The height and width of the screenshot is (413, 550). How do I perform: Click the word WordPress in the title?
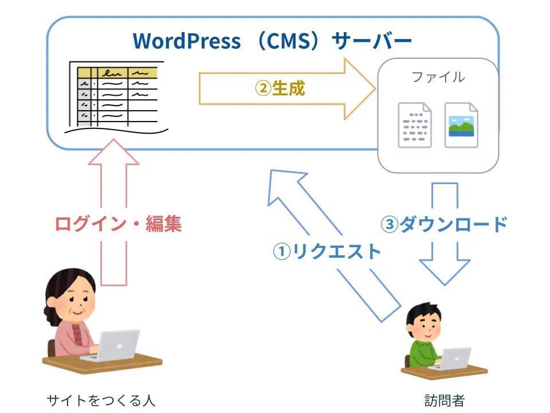tap(187, 41)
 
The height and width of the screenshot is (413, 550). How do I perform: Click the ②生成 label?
tap(280, 88)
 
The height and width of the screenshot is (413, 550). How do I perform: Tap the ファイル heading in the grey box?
tap(438, 77)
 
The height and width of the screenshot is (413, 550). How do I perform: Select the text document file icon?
tap(415, 125)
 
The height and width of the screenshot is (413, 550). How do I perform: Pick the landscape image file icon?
tap(461, 125)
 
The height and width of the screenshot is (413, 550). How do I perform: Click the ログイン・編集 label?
tap(118, 224)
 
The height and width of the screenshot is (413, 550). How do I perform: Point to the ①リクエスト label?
tap(327, 251)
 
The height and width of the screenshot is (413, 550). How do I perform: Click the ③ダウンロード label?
tap(445, 224)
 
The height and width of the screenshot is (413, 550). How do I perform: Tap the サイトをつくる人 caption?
tap(101, 400)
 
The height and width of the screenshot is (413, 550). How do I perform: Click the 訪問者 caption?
tap(445, 400)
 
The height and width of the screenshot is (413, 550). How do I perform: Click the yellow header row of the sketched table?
tap(117, 73)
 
